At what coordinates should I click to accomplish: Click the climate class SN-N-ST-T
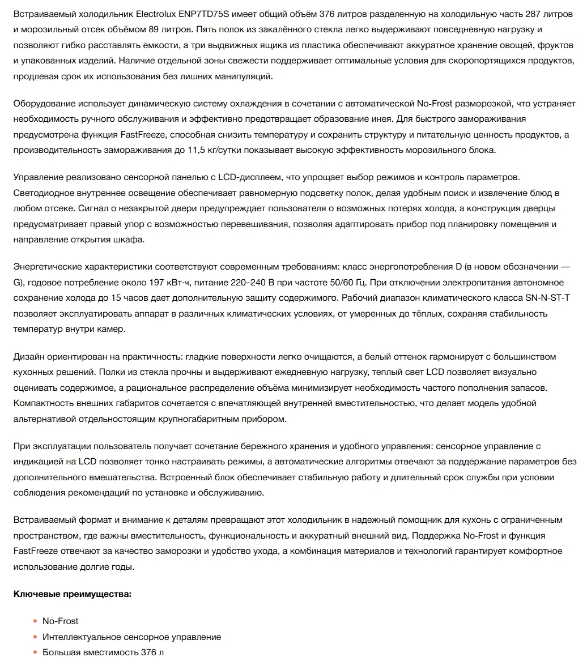click(x=547, y=297)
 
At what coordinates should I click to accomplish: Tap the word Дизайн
click(x=28, y=357)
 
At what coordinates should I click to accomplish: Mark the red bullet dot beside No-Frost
click(x=36, y=621)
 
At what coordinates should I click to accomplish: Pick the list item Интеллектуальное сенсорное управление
click(x=131, y=637)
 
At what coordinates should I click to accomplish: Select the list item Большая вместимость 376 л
click(x=103, y=652)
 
